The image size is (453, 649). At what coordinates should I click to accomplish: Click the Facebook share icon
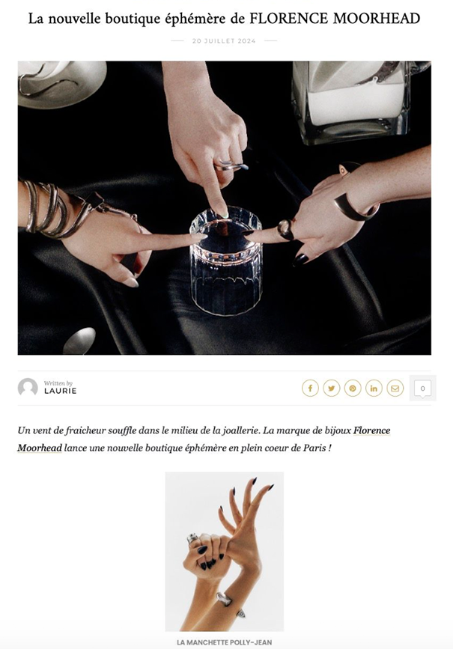pos(310,389)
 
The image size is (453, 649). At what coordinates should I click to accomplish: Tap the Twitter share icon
pos(331,389)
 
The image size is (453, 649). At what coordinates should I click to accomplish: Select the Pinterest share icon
pos(353,389)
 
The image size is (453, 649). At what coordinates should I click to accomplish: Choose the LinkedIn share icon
pos(374,389)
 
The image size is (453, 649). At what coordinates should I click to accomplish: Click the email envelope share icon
pos(395,389)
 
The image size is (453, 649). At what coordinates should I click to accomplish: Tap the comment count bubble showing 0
pos(422,389)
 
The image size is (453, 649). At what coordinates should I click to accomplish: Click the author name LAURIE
pos(61,391)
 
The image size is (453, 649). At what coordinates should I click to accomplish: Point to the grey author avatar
pos(28,388)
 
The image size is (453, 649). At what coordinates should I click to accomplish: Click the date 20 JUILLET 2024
pos(224,41)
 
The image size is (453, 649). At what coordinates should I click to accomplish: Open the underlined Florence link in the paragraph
pos(372,430)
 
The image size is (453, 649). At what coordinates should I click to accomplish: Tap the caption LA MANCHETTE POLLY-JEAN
pos(225,642)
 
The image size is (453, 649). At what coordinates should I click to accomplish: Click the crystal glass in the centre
pos(225,260)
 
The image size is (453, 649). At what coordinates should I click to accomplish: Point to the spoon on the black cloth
pos(79,341)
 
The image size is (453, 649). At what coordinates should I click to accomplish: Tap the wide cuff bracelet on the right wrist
pos(355,206)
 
